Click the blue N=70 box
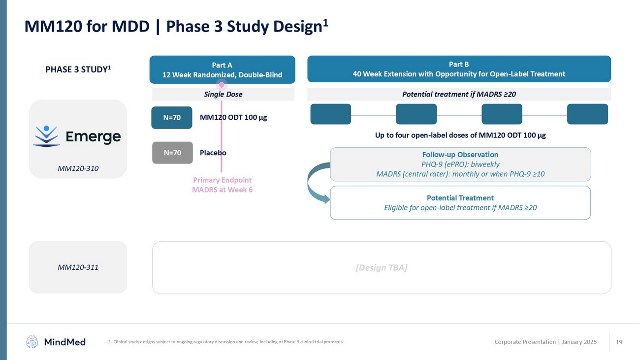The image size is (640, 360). [x=171, y=118]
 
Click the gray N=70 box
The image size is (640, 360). [x=172, y=153]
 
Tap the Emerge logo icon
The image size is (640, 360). [x=46, y=136]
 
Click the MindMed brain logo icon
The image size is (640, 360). [x=32, y=342]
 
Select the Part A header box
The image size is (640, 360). [x=222, y=69]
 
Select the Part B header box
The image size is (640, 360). [x=459, y=69]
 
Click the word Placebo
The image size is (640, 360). [x=213, y=153]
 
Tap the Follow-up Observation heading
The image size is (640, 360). [x=460, y=155]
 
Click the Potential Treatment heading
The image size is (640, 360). [x=460, y=198]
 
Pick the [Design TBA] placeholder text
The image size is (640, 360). [x=381, y=267]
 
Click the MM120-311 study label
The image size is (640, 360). [x=78, y=267]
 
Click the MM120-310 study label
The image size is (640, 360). [x=78, y=168]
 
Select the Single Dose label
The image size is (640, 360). [x=223, y=94]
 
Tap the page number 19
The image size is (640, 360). [x=619, y=342]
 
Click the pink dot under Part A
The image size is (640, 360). [x=222, y=85]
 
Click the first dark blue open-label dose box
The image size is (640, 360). [x=330, y=114]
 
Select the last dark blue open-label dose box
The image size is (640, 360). [x=587, y=114]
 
